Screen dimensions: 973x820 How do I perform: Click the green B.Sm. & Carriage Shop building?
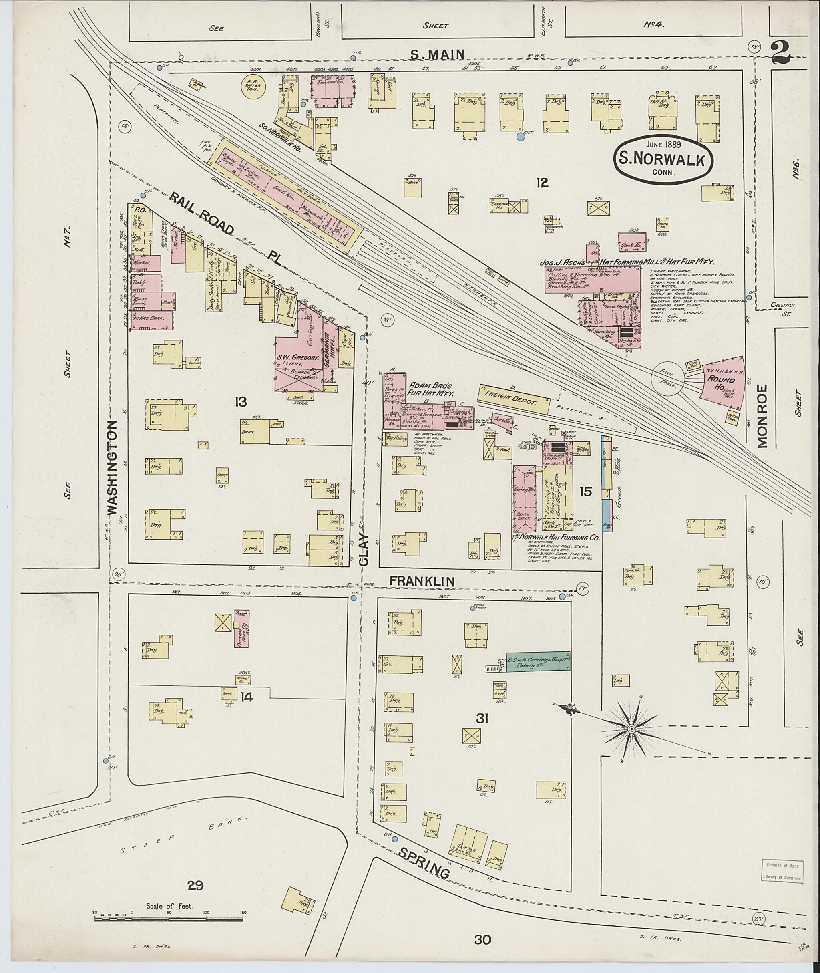pyautogui.click(x=538, y=661)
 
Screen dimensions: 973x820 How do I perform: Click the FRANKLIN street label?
pyautogui.click(x=422, y=581)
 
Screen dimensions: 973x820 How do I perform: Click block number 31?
pyautogui.click(x=482, y=719)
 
